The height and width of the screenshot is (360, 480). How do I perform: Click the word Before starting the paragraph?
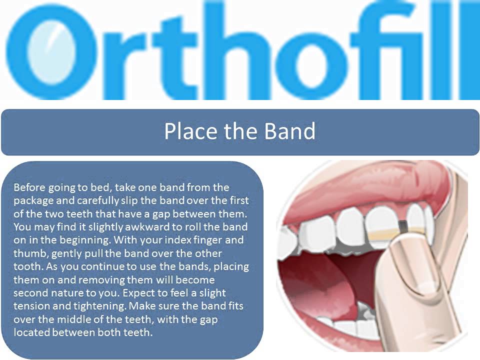tap(30, 187)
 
